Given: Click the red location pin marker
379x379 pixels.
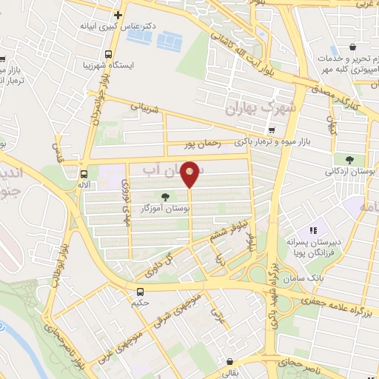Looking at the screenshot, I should [x=190, y=173].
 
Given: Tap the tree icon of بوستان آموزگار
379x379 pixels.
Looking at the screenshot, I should [x=164, y=198].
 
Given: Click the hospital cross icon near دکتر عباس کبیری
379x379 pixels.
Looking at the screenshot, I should [x=118, y=15].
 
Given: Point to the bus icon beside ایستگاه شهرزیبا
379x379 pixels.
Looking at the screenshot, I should [x=109, y=54].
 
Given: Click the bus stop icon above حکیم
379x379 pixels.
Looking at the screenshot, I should [x=141, y=291].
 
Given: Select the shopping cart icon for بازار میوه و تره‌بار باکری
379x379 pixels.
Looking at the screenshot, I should [x=272, y=130].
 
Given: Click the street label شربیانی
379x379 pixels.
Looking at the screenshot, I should [x=144, y=107].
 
